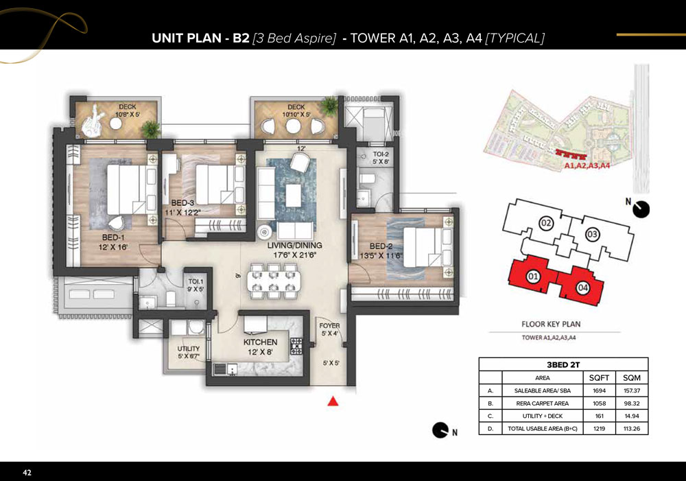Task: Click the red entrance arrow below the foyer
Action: (333, 401)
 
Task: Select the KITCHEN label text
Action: (260, 342)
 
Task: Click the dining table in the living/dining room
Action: (274, 281)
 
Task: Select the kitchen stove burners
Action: (296, 346)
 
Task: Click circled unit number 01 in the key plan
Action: (532, 276)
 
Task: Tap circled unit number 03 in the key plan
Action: (592, 234)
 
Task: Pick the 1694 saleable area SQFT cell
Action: (599, 390)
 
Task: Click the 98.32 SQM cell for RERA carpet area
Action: (632, 403)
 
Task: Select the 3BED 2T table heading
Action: (563, 364)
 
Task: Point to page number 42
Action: (27, 472)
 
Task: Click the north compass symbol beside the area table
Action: (440, 430)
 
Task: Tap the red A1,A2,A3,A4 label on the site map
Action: (587, 165)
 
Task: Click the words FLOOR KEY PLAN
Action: (551, 325)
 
